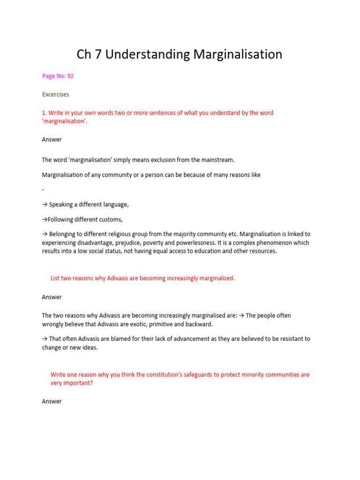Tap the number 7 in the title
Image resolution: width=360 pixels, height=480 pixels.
coord(98,55)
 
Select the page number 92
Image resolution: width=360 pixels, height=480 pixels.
coord(70,76)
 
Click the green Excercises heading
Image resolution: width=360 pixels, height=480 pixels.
coord(55,94)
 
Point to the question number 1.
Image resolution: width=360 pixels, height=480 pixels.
coord(44,113)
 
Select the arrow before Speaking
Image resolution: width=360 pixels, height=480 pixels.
coord(45,204)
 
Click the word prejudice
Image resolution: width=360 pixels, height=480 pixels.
coord(139,243)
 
